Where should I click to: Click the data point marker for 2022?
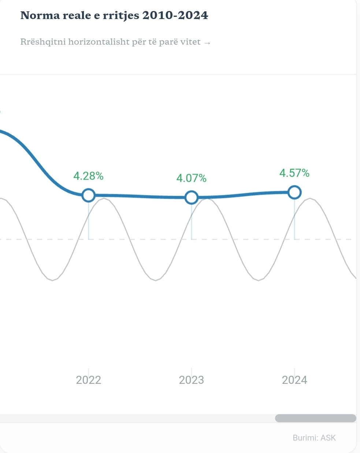[88, 195]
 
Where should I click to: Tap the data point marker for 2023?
[191, 198]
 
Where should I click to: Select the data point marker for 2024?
[294, 192]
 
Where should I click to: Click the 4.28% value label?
[88, 176]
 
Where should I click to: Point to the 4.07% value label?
[191, 178]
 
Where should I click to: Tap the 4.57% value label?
[294, 173]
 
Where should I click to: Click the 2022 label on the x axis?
[88, 380]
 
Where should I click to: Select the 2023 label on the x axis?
[191, 380]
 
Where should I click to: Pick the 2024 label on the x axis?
[294, 380]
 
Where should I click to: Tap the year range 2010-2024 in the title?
[175, 15]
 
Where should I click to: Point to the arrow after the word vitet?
[207, 43]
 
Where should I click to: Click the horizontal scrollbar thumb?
[315, 418]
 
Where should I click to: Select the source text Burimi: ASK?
[314, 438]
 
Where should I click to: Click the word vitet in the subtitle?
[190, 42]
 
